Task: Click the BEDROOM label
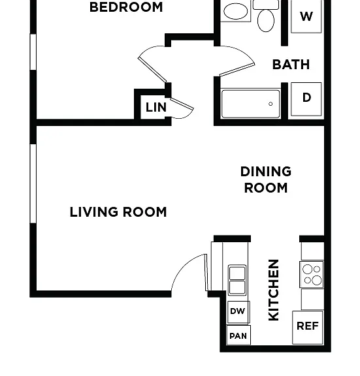click(x=126, y=7)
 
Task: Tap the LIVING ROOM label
click(x=118, y=212)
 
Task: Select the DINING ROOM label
click(x=266, y=180)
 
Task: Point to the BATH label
click(x=291, y=65)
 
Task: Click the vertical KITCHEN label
click(x=274, y=290)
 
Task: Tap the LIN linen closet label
click(x=156, y=107)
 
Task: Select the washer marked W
click(x=306, y=16)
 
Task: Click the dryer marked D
click(x=306, y=99)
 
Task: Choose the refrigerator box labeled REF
click(x=308, y=327)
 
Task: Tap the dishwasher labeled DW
click(x=238, y=312)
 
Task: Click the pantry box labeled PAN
click(x=238, y=336)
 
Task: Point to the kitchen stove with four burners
click(x=312, y=274)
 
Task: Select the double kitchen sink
click(x=237, y=279)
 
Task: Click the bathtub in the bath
click(x=250, y=104)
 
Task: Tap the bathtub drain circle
click(x=270, y=104)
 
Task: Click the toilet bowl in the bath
click(x=266, y=21)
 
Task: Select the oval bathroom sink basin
click(x=235, y=11)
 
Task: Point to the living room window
click(x=33, y=183)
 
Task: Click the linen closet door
click(x=182, y=104)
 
